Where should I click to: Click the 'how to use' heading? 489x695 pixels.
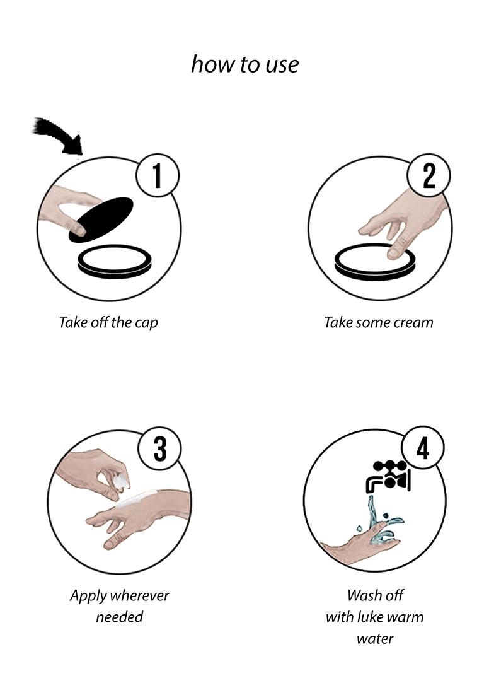tap(245, 64)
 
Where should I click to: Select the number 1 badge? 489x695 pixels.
tap(158, 175)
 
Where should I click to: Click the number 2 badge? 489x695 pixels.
tap(429, 175)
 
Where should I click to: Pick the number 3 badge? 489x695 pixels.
tap(160, 448)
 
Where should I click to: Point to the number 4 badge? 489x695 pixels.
tap(423, 448)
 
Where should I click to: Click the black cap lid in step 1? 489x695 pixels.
tap(101, 220)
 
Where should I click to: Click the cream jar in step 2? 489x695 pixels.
tap(375, 262)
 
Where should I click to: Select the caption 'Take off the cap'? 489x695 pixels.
tap(108, 322)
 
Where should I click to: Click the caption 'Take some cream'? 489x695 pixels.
tap(379, 322)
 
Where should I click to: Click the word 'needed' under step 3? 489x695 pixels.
tap(120, 617)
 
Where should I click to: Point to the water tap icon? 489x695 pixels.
tap(388, 476)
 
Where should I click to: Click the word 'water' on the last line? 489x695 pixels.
tap(375, 639)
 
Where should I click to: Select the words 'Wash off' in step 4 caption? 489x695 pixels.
tap(376, 595)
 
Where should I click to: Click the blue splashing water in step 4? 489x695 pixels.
tap(380, 523)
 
